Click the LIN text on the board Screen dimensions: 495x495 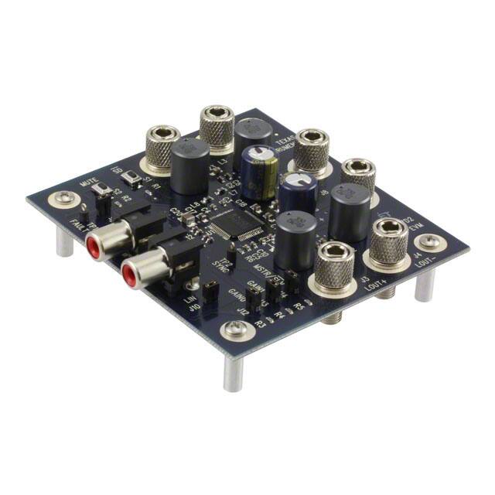point(187,297)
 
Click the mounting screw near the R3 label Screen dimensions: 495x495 point(236,333)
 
